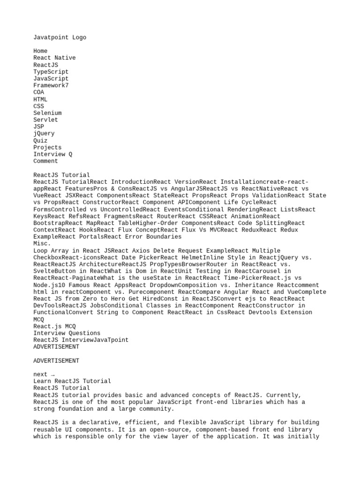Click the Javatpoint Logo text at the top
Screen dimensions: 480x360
click(x=60, y=37)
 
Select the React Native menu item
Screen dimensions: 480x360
click(x=54, y=58)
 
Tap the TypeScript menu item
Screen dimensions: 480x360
click(x=51, y=72)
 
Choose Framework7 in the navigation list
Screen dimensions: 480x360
click(x=51, y=86)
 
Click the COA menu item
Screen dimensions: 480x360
click(x=39, y=92)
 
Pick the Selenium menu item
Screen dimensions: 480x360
click(x=47, y=113)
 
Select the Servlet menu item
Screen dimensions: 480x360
click(x=45, y=120)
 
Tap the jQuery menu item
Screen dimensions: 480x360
click(x=44, y=134)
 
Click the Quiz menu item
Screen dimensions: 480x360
click(x=40, y=141)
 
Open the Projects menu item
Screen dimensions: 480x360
click(x=47, y=148)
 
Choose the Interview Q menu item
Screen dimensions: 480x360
click(x=52, y=154)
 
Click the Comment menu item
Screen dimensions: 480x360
click(x=45, y=161)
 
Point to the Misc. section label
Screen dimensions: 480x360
click(x=42, y=244)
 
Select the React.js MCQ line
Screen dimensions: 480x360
click(x=54, y=326)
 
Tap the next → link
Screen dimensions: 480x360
click(x=44, y=375)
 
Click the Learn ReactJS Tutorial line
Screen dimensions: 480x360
click(x=72, y=381)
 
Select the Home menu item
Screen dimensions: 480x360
click(x=40, y=51)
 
